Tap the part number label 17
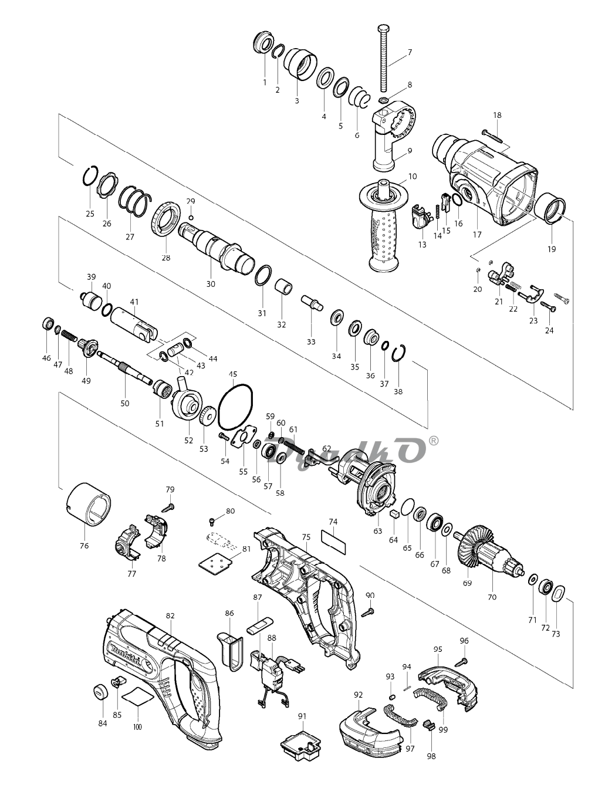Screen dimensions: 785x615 point(477,235)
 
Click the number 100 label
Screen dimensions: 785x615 point(137,727)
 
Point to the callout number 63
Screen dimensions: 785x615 point(377,530)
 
